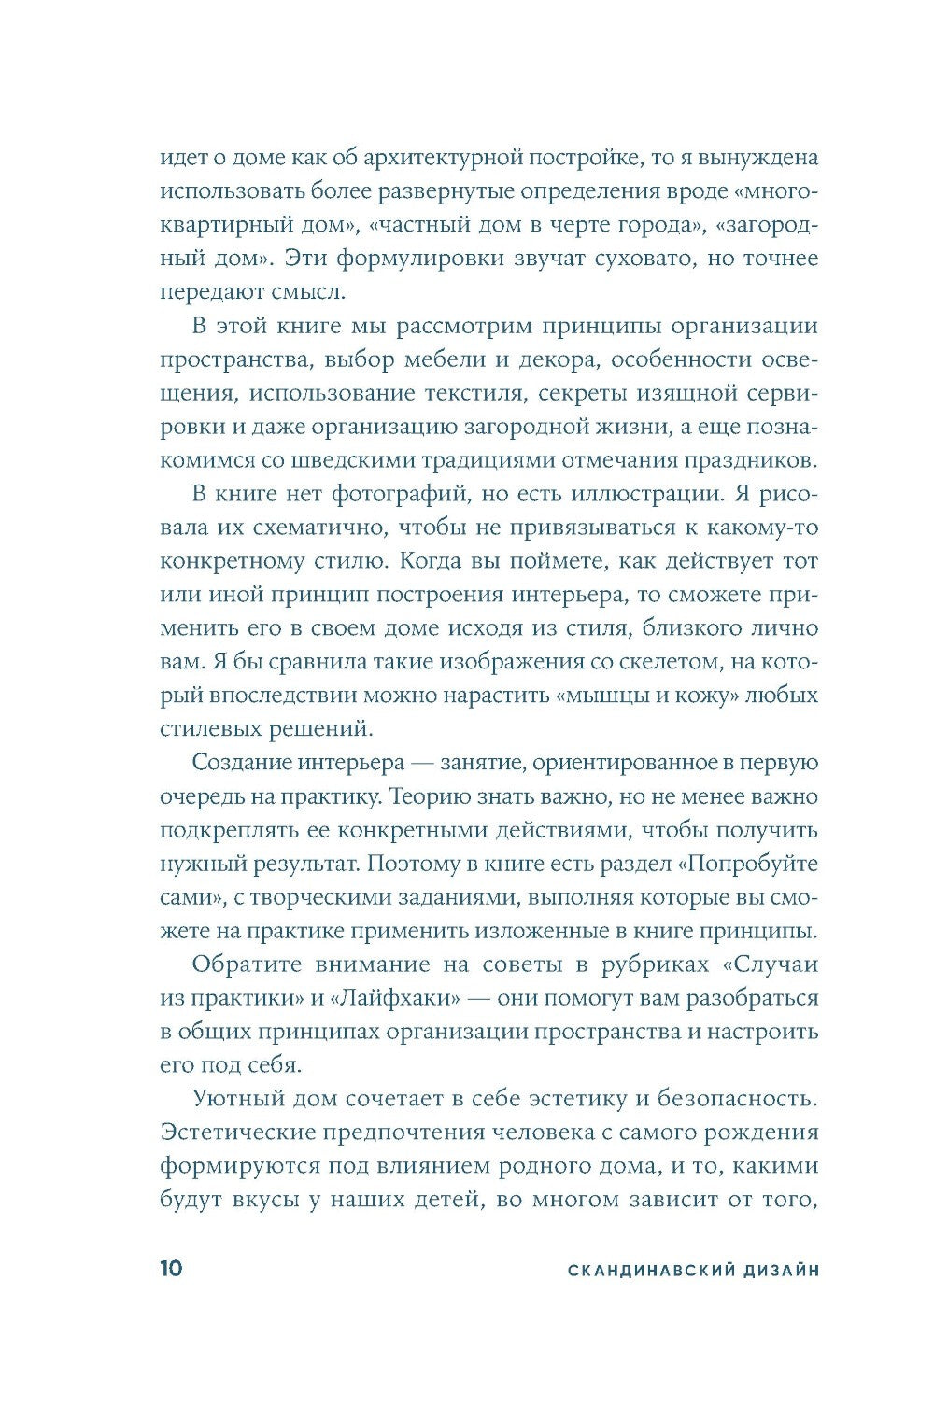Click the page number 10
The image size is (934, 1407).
click(171, 1269)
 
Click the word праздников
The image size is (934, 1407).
click(746, 460)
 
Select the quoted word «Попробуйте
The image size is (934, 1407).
click(752, 864)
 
